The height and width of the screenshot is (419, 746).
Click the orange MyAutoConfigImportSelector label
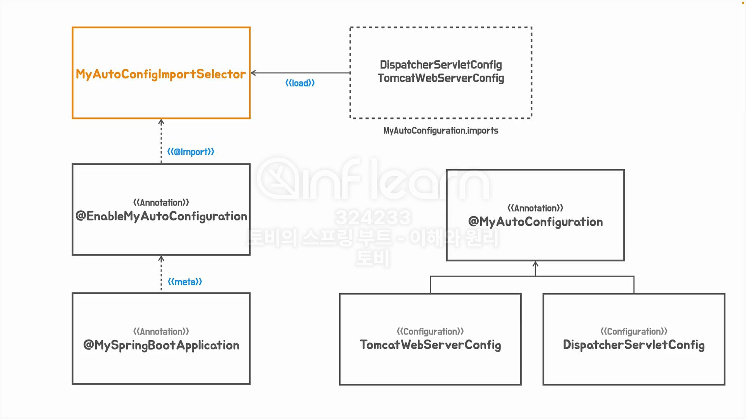point(161,74)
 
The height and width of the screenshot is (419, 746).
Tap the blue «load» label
point(300,83)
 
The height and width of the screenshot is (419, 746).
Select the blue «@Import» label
point(190,152)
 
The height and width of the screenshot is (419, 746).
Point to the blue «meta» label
point(185,282)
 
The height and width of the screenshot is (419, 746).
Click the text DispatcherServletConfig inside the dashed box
point(441,64)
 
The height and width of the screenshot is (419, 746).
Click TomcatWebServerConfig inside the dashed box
point(441,78)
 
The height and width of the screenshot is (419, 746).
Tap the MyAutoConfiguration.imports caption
point(441,131)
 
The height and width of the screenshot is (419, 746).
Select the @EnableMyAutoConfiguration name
point(161,216)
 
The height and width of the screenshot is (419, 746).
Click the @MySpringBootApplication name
point(161,345)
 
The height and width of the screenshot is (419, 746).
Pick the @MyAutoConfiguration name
point(535,222)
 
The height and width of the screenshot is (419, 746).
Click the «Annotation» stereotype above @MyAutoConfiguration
point(535,208)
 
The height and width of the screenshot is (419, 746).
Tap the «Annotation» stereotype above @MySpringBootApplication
point(161,332)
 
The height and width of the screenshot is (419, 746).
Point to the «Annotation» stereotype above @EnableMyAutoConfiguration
point(161,203)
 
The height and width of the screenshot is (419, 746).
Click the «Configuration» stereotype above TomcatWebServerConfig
point(430,332)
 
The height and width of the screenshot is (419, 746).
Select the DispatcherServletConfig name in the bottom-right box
point(634,345)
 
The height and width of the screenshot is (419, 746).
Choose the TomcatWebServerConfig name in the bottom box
point(430,345)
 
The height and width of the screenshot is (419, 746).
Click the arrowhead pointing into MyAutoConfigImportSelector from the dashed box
point(253,73)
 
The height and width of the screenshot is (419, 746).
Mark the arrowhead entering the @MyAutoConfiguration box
point(535,264)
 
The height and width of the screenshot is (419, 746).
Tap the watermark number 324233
point(373,217)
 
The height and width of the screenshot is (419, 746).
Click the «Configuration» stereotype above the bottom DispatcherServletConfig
point(634,332)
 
